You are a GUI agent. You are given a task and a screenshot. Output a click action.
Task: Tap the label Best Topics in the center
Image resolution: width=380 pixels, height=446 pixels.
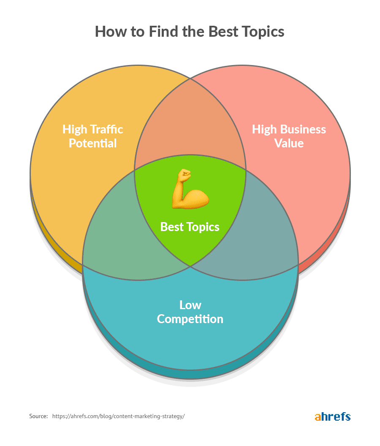pyautogui.click(x=190, y=227)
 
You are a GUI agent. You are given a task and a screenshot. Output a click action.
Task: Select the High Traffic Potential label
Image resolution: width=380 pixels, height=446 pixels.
pyautogui.click(x=93, y=136)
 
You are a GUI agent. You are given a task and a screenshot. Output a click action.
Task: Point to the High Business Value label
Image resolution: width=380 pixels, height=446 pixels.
pyautogui.click(x=289, y=136)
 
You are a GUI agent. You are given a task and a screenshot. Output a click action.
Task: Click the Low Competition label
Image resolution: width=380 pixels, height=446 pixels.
pyautogui.click(x=190, y=312)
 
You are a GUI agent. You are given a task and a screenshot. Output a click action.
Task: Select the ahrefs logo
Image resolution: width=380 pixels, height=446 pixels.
pyautogui.click(x=333, y=416)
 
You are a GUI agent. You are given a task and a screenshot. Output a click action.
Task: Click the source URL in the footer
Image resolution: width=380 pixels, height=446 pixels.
pyautogui.click(x=119, y=416)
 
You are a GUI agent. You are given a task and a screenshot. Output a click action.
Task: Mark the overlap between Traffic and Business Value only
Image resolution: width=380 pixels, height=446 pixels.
pyautogui.click(x=190, y=127)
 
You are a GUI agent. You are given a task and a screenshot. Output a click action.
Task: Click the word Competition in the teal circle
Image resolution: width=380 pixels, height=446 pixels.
pyautogui.click(x=190, y=319)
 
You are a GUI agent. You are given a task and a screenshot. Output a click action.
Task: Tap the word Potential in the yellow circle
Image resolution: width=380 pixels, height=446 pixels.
pyautogui.click(x=93, y=143)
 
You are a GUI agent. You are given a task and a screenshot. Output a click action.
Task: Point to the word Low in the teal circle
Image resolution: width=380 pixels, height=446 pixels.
pyautogui.click(x=190, y=305)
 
